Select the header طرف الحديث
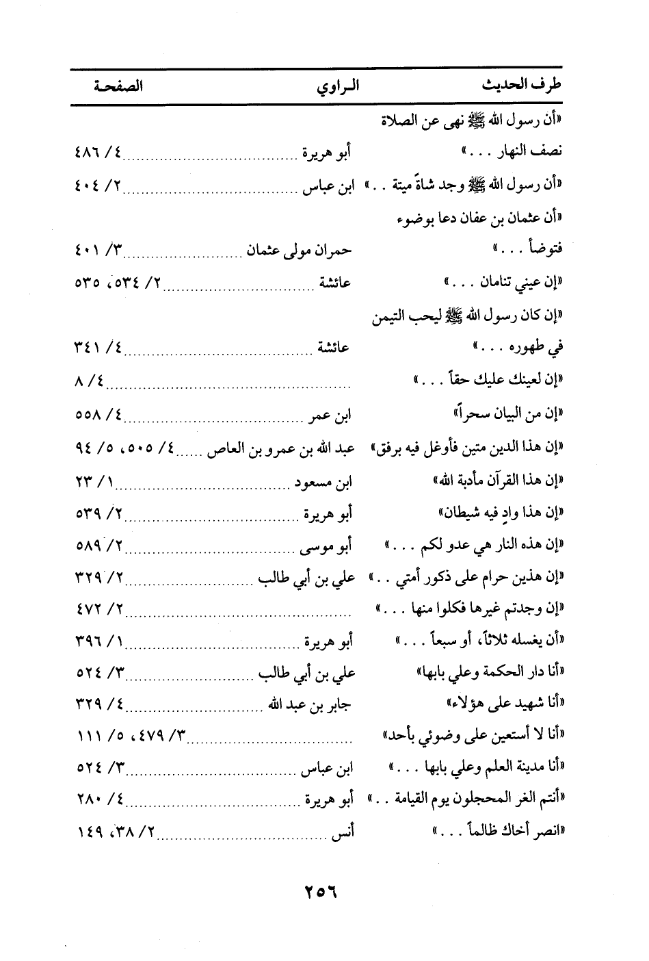coord(522,86)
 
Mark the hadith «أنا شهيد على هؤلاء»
coord(503,704)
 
